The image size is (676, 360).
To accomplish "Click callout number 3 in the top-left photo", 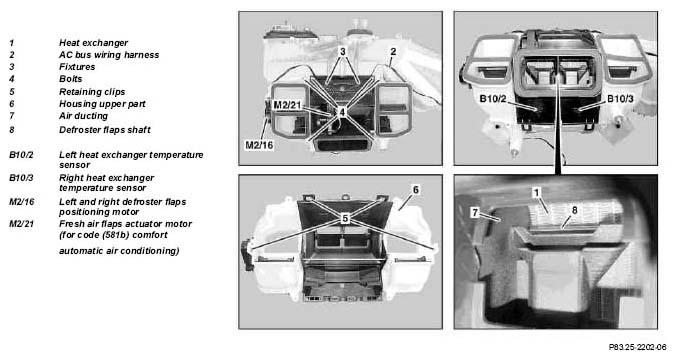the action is (x=343, y=51).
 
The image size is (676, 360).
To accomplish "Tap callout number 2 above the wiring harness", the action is (x=393, y=51).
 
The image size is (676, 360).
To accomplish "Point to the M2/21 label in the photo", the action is (x=287, y=106).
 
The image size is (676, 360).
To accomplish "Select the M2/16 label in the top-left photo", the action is (x=260, y=145).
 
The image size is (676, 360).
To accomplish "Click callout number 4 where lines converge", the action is (x=342, y=112).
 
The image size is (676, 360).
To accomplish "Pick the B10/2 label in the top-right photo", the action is (x=493, y=99).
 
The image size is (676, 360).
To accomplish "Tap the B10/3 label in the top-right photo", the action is (x=620, y=99).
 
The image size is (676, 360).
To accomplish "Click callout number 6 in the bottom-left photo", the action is (x=416, y=190).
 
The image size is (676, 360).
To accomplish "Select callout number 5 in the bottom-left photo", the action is (x=345, y=219).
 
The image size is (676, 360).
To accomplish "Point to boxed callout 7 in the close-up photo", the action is (x=475, y=213).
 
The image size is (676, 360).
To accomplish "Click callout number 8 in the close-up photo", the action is (x=574, y=210).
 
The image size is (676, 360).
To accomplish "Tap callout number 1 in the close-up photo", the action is (x=536, y=192).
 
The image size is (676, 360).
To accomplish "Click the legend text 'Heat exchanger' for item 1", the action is (x=93, y=43).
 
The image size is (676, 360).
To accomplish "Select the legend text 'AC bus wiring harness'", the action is (x=109, y=55).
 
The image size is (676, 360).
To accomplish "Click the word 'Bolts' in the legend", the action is (x=70, y=79).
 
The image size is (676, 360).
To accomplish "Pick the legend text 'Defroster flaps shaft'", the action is (x=105, y=130).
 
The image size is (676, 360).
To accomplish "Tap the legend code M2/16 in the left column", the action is (x=22, y=202).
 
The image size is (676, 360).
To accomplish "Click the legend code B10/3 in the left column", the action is (x=21, y=178).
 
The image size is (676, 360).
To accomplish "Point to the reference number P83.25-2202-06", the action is (x=637, y=347).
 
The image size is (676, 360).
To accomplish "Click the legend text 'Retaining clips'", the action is (x=92, y=92).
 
